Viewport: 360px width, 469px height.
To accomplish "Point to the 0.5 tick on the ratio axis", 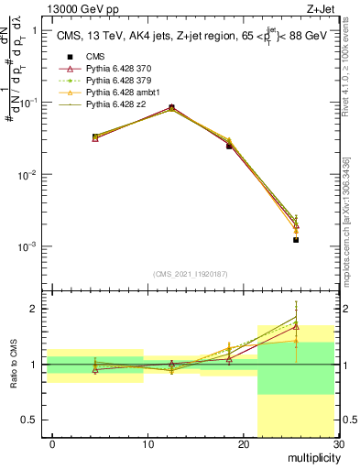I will tap(35, 420).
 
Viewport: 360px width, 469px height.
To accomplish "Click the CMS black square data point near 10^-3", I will tap(296, 240).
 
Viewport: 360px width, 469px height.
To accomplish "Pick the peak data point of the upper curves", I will tap(171, 107).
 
